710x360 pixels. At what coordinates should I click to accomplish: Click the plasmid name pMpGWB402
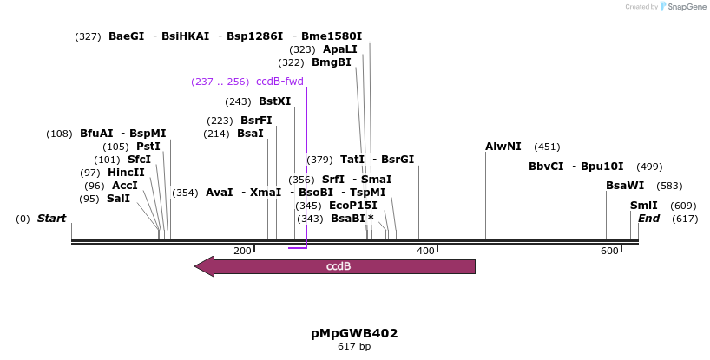coord(354,333)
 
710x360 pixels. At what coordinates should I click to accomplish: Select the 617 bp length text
coord(354,347)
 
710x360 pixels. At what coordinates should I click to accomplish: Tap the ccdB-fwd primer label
coord(279,82)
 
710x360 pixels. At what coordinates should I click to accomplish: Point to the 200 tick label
coord(243,251)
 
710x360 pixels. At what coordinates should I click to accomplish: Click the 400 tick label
coord(425,251)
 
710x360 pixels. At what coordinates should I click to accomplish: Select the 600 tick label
coord(609,251)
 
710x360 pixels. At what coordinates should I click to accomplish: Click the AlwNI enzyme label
coord(503,147)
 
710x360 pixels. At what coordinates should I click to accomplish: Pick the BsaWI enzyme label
coord(625,186)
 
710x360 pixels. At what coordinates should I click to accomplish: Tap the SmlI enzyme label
coord(644,206)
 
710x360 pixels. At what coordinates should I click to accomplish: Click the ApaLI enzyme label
coord(340,49)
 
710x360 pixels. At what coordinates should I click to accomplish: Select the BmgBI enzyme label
coord(332,62)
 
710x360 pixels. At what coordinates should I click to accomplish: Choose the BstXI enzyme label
coord(274,101)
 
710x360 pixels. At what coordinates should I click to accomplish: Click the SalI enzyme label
coord(118,199)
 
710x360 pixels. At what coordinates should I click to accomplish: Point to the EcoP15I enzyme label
coord(352,206)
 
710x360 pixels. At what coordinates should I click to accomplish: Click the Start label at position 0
coord(51,219)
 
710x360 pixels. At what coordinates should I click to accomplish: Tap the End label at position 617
coord(648,219)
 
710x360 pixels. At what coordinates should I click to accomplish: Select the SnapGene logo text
coord(686,7)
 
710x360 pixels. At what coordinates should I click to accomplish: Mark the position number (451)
coord(547,147)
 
